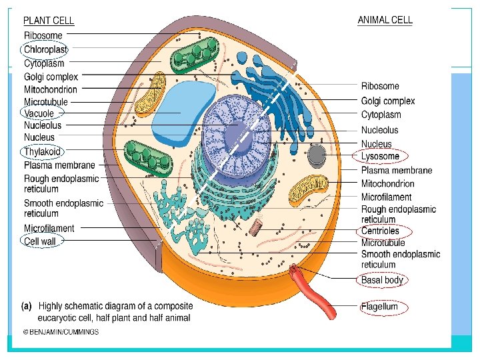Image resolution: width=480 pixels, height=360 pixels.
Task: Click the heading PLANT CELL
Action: click(49, 21)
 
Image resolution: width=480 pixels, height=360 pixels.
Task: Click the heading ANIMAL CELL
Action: click(385, 20)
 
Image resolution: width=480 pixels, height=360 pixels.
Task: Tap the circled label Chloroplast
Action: click(45, 49)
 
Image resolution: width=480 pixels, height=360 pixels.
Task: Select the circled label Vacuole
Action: click(39, 113)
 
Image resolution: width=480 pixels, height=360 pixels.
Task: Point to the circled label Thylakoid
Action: click(42, 151)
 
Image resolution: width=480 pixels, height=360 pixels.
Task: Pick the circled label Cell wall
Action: click(40, 241)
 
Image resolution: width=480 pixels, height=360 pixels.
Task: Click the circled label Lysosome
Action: click(380, 157)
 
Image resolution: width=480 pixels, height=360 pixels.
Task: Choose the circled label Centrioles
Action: click(380, 231)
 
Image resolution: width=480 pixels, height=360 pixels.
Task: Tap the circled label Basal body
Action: click(382, 280)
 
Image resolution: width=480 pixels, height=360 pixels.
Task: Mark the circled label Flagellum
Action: click(379, 307)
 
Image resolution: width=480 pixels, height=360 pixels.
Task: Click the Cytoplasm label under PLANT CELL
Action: click(44, 64)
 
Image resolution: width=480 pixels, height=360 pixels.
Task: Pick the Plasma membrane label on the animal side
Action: click(397, 171)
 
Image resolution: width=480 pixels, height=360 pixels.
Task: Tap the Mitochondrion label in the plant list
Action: click(51, 89)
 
